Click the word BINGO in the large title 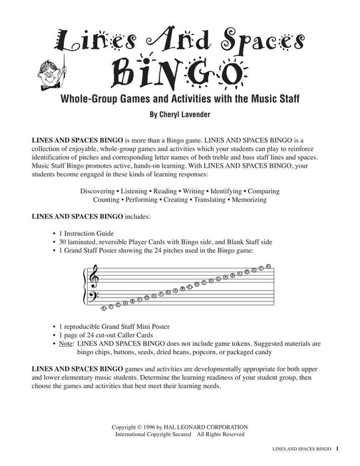pos(180,71)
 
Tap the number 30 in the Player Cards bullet pos(63,241)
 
